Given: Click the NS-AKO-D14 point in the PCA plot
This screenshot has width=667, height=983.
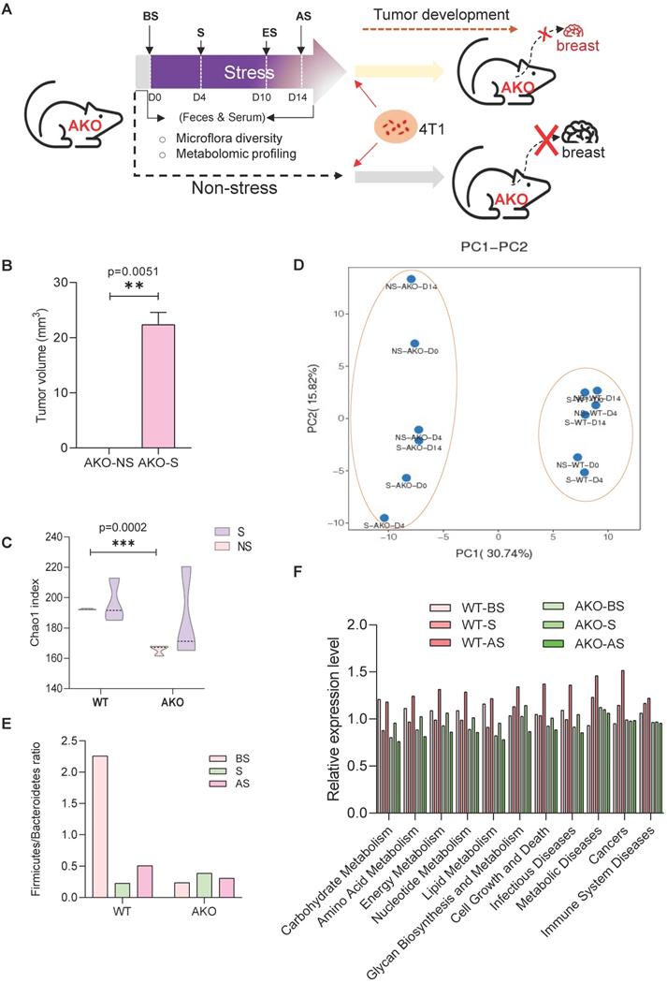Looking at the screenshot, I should (411, 279).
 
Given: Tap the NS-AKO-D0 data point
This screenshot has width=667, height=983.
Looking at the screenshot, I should (415, 344).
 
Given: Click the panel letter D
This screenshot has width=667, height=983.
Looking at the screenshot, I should (298, 265).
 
